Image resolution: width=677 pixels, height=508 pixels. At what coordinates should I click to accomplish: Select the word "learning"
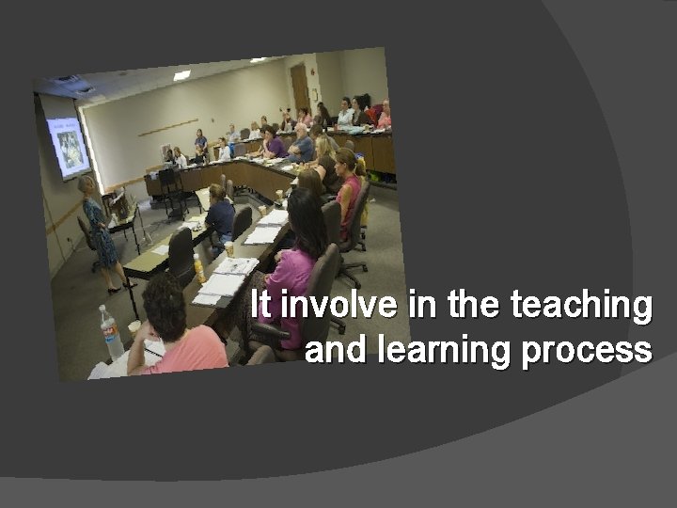[x=442, y=350]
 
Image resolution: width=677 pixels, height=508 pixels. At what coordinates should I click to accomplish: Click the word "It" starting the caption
[x=263, y=306]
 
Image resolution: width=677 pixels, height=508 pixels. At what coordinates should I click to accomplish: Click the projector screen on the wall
[x=68, y=145]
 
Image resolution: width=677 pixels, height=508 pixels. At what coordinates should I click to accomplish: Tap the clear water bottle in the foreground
[x=111, y=332]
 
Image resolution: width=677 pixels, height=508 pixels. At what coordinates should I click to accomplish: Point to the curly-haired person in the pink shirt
[x=174, y=329]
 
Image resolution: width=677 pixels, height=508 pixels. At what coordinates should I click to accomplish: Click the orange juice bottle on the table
[x=198, y=268]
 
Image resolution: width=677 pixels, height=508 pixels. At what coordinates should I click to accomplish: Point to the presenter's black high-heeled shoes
[x=116, y=288]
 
